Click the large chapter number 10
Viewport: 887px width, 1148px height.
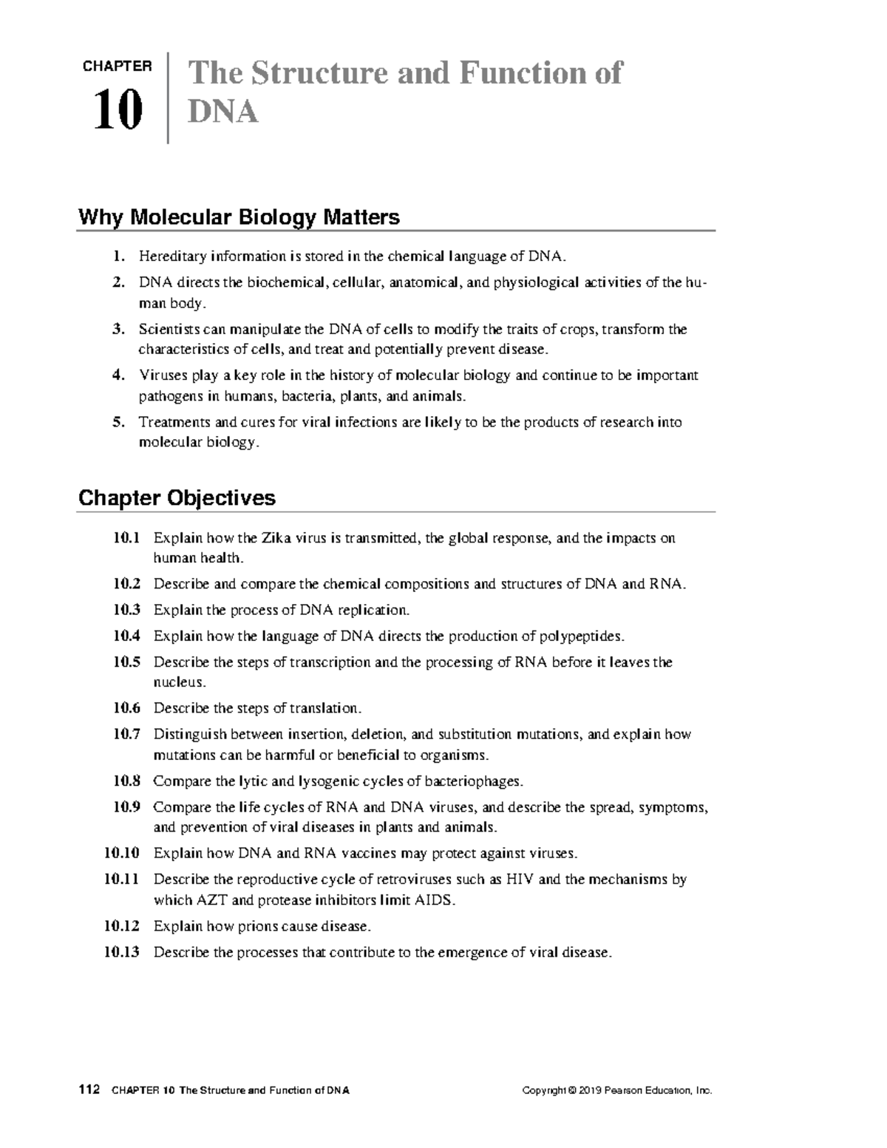pyautogui.click(x=118, y=112)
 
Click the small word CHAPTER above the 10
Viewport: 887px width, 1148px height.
pyautogui.click(x=118, y=67)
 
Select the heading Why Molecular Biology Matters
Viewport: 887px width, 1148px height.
pyautogui.click(x=239, y=217)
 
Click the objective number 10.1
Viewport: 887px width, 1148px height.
pyautogui.click(x=126, y=538)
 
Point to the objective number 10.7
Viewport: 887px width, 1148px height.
pyautogui.click(x=126, y=735)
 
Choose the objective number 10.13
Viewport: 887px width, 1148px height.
pyautogui.click(x=122, y=952)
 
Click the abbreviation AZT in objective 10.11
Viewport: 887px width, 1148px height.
pyautogui.click(x=211, y=900)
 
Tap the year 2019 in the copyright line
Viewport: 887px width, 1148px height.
pyautogui.click(x=590, y=1091)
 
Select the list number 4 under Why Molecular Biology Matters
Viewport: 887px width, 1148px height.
pyautogui.click(x=118, y=376)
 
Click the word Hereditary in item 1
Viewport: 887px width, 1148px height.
pyautogui.click(x=172, y=257)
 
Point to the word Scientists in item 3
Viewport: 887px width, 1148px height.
pyautogui.click(x=169, y=329)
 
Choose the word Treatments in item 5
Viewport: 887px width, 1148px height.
pyautogui.click(x=174, y=422)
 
